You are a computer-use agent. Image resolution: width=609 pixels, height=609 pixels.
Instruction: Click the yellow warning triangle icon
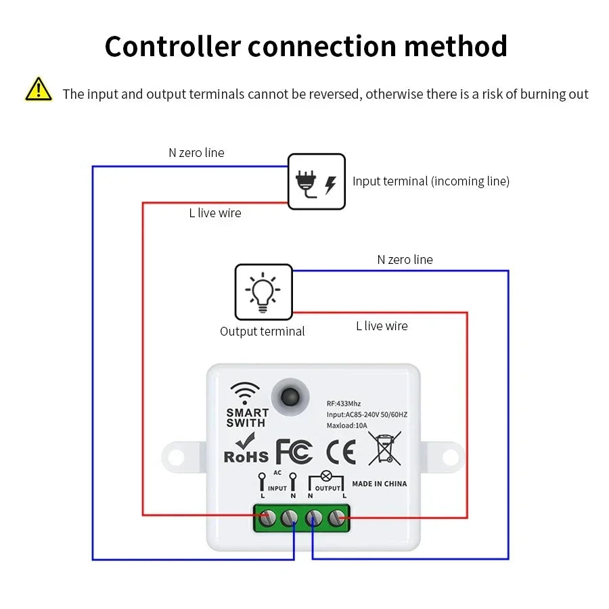[39, 90]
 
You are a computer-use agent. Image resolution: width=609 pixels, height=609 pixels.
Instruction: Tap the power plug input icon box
[317, 181]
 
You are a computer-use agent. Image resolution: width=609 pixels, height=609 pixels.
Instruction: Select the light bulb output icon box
[263, 292]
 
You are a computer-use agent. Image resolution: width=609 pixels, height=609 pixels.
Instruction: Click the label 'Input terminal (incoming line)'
[431, 181]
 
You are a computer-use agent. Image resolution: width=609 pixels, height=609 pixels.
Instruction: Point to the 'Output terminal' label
[263, 332]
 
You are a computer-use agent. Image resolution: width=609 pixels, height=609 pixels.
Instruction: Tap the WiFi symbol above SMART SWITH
[245, 392]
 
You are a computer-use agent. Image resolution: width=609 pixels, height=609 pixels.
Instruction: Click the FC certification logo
[294, 452]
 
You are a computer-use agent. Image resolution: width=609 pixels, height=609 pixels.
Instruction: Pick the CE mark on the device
[340, 452]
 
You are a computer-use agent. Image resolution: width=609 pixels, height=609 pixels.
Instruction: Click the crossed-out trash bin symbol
[384, 449]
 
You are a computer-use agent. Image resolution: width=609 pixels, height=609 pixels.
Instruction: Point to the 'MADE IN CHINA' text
[380, 484]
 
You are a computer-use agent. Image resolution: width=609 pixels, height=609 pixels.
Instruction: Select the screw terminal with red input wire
[268, 518]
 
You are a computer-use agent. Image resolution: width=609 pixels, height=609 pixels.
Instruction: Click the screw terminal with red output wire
[336, 518]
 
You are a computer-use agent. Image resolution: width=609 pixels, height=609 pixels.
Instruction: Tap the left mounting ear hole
[176, 457]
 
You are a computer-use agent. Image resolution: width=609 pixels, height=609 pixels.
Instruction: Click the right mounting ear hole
[449, 457]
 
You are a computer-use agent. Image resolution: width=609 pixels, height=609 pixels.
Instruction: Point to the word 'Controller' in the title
[173, 46]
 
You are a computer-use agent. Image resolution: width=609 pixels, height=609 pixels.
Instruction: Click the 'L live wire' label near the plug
[215, 213]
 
